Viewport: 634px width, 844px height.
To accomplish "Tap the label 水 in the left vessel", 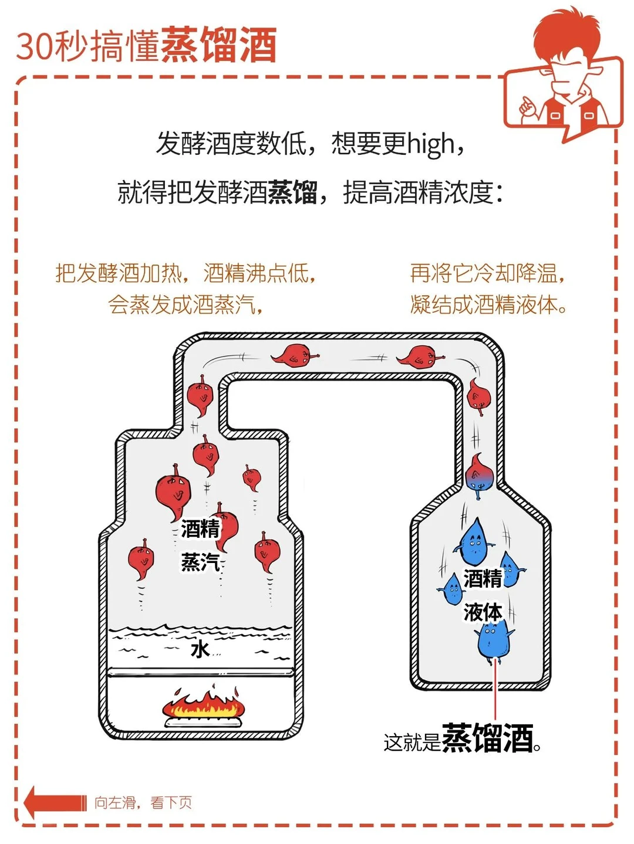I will coord(200,649).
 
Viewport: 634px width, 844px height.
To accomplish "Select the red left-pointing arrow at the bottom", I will coord(54,802).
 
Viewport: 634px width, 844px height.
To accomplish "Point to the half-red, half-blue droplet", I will coord(479,473).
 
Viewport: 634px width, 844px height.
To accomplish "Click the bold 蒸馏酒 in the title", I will coord(218,46).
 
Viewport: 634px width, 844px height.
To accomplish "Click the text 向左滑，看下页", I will coord(143,802).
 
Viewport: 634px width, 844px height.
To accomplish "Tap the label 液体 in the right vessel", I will coord(483,612).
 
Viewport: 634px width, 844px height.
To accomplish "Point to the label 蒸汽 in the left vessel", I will coord(200,562).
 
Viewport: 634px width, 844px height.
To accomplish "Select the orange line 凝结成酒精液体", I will coord(488,304).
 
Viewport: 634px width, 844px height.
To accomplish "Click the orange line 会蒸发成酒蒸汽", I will coord(185,304).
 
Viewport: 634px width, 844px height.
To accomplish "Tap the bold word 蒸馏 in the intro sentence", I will coord(292,192).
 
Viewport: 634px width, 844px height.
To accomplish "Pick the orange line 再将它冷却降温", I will coord(487,273).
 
